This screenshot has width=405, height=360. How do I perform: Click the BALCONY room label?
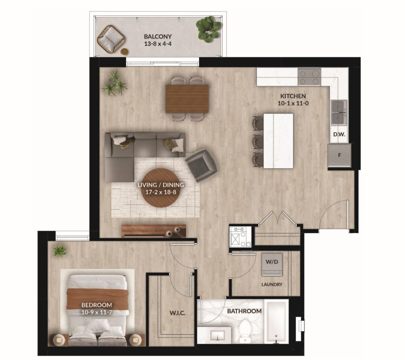(x=158, y=37)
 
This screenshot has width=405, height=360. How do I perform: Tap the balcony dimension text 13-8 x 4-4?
(x=158, y=44)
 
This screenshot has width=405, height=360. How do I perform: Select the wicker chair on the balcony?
(x=111, y=39)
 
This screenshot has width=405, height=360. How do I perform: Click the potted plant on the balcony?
(x=208, y=29)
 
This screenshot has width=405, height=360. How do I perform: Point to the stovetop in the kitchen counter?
(x=309, y=77)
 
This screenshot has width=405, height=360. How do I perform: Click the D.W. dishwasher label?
(x=339, y=135)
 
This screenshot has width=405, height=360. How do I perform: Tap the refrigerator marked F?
(x=339, y=155)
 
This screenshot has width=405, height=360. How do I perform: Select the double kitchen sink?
(x=339, y=113)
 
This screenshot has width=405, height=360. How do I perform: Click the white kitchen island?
(x=278, y=141)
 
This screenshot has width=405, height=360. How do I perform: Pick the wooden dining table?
(x=187, y=99)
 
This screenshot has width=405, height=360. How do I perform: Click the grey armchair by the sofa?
(x=201, y=165)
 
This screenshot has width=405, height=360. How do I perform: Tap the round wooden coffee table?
(x=160, y=188)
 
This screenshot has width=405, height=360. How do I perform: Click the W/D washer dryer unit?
(x=272, y=264)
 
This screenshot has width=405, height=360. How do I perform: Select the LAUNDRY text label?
(x=272, y=284)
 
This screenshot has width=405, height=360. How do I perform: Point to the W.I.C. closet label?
(x=178, y=313)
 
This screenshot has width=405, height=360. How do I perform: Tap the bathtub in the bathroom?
(x=276, y=322)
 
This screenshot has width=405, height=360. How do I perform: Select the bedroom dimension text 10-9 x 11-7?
(x=97, y=312)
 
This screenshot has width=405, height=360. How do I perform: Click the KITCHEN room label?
(x=293, y=96)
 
